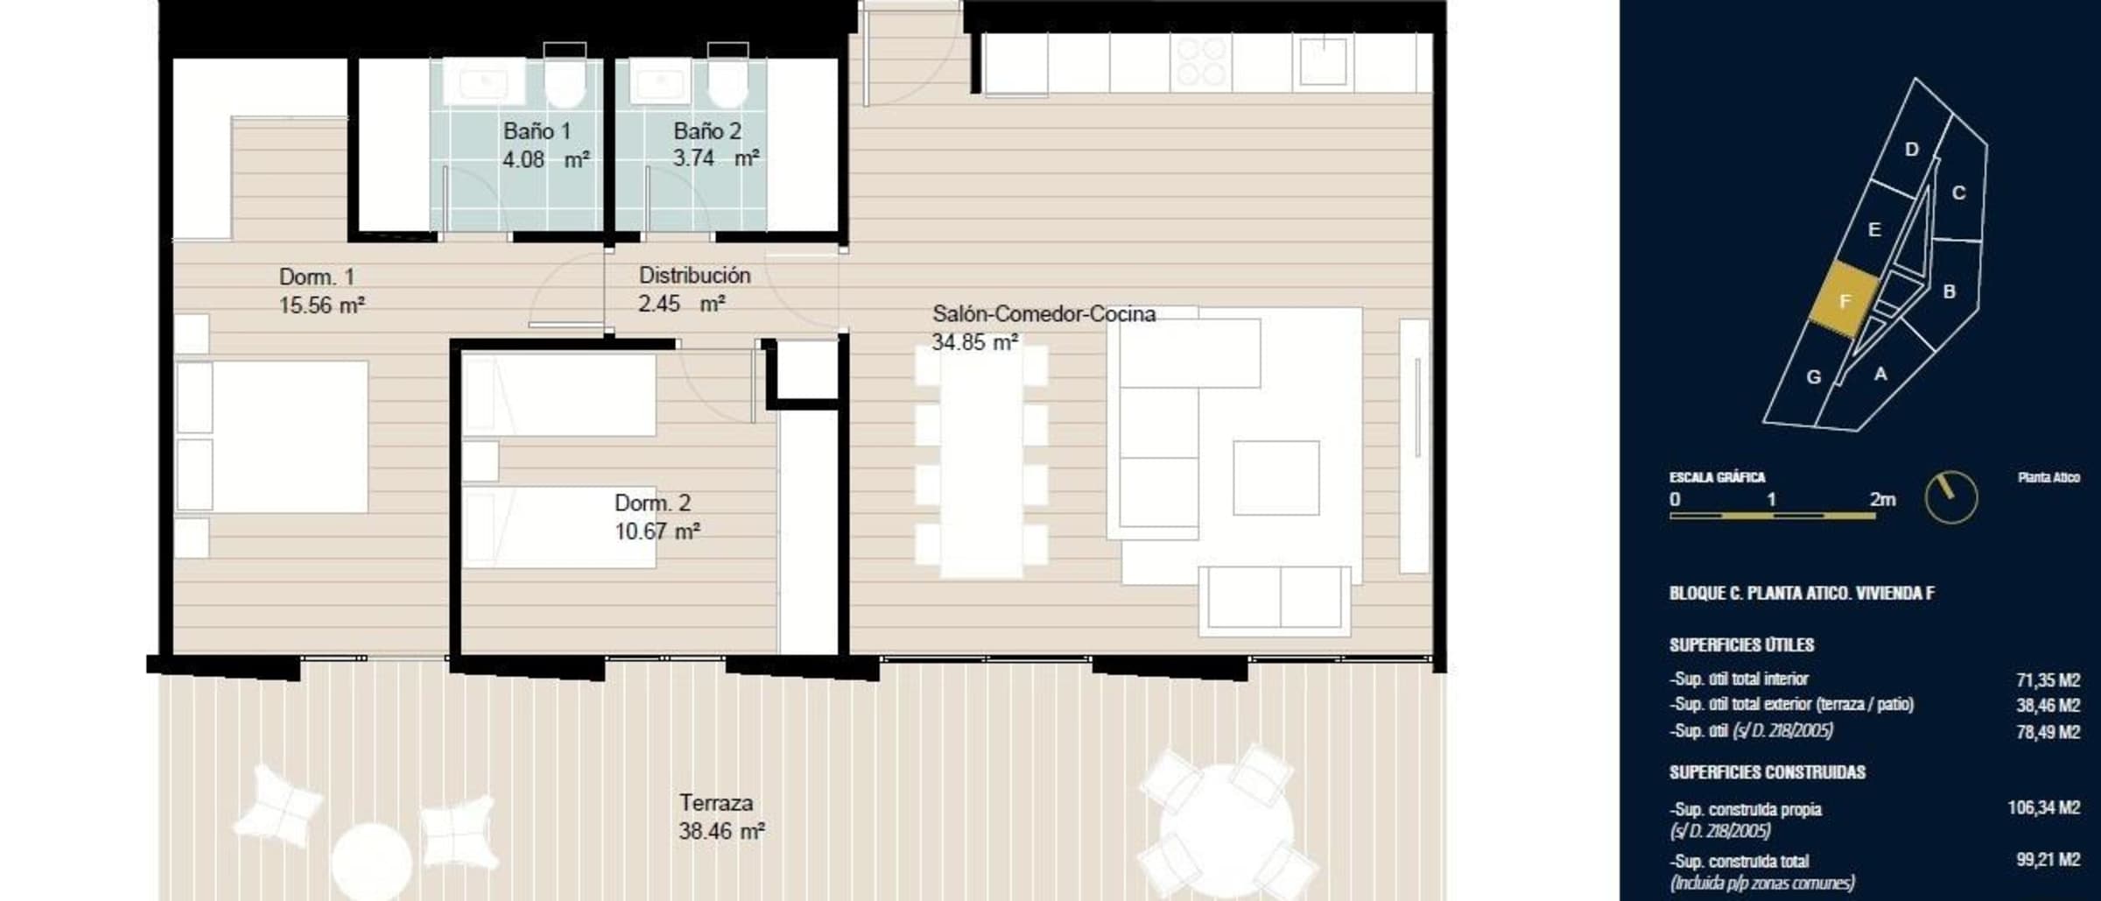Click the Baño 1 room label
[537, 131]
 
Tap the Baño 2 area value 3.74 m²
[715, 158]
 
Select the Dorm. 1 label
[317, 277]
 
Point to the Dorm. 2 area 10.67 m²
[657, 531]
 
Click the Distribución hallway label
[694, 275]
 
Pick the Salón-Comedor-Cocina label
[1043, 313]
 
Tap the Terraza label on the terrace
[716, 803]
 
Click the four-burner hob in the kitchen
[1201, 62]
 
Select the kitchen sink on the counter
[1323, 60]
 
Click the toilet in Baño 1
[565, 77]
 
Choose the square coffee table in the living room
[1275, 478]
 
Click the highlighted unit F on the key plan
[1845, 300]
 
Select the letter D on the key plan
[1912, 149]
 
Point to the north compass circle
[1951, 497]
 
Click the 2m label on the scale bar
[1882, 499]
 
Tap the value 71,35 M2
[2048, 679]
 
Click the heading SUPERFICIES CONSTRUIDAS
[1767, 772]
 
